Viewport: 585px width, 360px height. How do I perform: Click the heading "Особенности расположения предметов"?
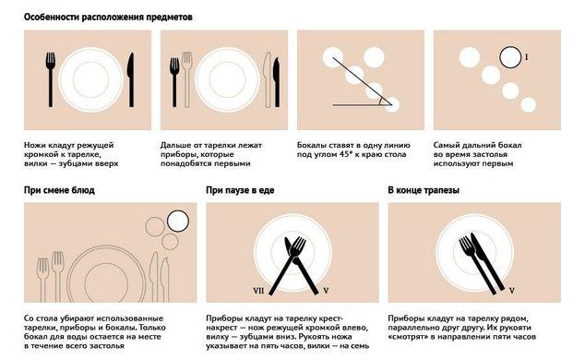[108, 18]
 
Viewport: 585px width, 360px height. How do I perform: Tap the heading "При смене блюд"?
[59, 190]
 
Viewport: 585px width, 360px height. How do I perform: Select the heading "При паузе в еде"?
[240, 190]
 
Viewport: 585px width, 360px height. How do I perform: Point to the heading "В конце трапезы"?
[424, 190]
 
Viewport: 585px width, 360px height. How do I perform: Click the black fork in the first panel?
[51, 79]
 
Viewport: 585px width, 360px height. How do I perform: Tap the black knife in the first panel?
[131, 79]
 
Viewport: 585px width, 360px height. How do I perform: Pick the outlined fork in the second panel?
[187, 79]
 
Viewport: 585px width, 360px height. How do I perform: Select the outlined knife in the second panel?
[268, 79]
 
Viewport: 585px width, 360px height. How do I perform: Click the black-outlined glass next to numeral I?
[510, 57]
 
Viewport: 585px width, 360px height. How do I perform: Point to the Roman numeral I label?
[527, 57]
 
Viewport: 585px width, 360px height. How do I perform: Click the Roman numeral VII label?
[258, 290]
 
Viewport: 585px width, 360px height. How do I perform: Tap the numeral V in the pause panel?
[326, 290]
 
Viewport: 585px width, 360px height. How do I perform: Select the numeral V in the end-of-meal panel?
[512, 290]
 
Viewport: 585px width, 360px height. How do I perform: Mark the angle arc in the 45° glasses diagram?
[380, 102]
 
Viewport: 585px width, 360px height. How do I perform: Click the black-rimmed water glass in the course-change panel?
[178, 221]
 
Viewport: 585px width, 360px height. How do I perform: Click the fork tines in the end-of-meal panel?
[465, 243]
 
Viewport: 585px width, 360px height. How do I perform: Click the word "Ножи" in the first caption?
[35, 145]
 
